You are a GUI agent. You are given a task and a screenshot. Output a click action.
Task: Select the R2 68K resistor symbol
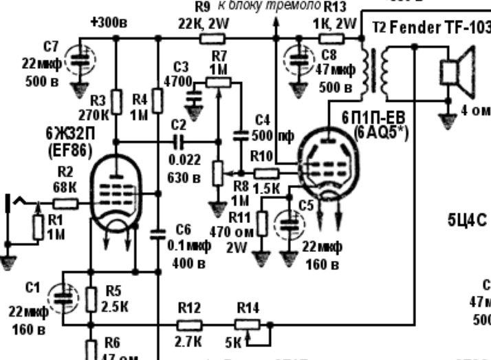pyautogui.click(x=65, y=203)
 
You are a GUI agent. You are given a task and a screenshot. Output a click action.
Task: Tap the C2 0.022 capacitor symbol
pyautogui.click(x=181, y=143)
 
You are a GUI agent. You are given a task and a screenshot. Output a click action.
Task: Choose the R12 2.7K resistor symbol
pyautogui.click(x=189, y=324)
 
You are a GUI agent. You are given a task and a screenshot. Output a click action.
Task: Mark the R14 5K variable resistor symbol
pyautogui.click(x=247, y=324)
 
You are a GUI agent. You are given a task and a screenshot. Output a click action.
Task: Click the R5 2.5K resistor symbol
pyautogui.click(x=90, y=299)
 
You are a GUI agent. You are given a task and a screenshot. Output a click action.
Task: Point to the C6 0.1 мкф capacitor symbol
pyautogui.click(x=159, y=233)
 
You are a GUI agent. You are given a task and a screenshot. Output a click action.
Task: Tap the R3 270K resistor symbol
pyautogui.click(x=116, y=103)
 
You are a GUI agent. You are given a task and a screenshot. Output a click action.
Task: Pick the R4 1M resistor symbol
pyautogui.click(x=159, y=101)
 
